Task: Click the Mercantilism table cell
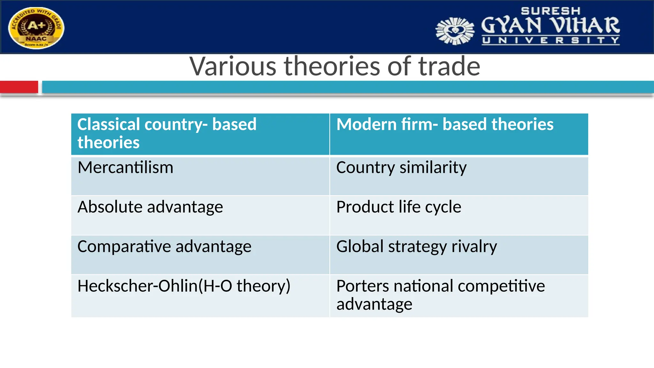(200, 176)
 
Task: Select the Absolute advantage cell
(200, 215)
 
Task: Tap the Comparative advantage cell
(200, 255)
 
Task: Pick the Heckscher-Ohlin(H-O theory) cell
(200, 295)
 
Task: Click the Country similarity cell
(459, 176)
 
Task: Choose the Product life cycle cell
(459, 215)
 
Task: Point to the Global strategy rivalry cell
(459, 255)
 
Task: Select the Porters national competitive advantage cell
(459, 295)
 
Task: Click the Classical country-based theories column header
(200, 134)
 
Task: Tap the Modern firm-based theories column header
(459, 134)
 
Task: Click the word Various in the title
(233, 66)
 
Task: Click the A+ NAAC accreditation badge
(36, 28)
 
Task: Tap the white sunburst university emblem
(455, 31)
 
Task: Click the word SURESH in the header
(551, 11)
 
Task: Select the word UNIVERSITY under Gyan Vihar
(551, 41)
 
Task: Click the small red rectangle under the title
(19, 87)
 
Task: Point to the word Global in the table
(360, 247)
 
